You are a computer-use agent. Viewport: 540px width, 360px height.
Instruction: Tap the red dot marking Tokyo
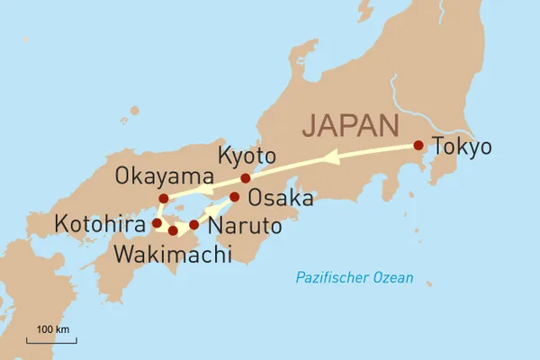pyautogui.click(x=418, y=145)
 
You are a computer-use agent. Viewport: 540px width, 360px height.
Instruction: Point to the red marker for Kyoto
pyautogui.click(x=246, y=178)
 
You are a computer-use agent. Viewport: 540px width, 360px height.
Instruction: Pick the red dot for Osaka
pyautogui.click(x=234, y=196)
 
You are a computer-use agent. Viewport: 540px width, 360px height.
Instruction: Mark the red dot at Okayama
pyautogui.click(x=163, y=198)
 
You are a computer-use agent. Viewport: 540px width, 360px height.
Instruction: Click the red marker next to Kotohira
pyautogui.click(x=157, y=222)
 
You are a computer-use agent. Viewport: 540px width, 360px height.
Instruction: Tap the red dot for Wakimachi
pyautogui.click(x=173, y=231)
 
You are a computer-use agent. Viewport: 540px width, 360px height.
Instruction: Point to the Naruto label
pyautogui.click(x=243, y=227)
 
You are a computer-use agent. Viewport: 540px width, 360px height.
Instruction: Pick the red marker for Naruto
pyautogui.click(x=193, y=223)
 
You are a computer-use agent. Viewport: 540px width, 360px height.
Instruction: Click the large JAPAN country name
pyautogui.click(x=352, y=123)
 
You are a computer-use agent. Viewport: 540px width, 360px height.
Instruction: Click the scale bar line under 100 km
pyautogui.click(x=52, y=340)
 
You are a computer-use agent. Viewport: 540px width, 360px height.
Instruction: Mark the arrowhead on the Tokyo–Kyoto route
pyautogui.click(x=330, y=157)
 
